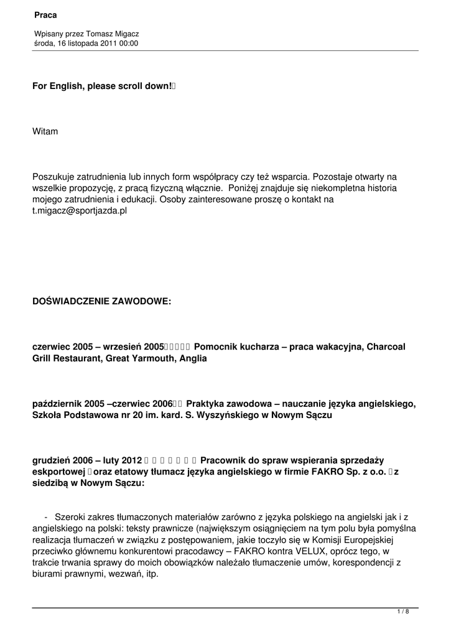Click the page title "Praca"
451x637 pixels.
point(45,14)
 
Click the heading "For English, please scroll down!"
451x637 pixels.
point(103,87)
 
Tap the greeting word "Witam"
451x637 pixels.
point(45,131)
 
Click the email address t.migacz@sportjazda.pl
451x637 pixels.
point(80,211)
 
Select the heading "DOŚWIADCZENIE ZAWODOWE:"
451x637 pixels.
point(101,302)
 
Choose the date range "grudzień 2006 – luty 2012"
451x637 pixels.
point(87,460)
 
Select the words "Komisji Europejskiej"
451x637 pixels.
point(349,540)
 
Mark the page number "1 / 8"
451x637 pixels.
point(403,612)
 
